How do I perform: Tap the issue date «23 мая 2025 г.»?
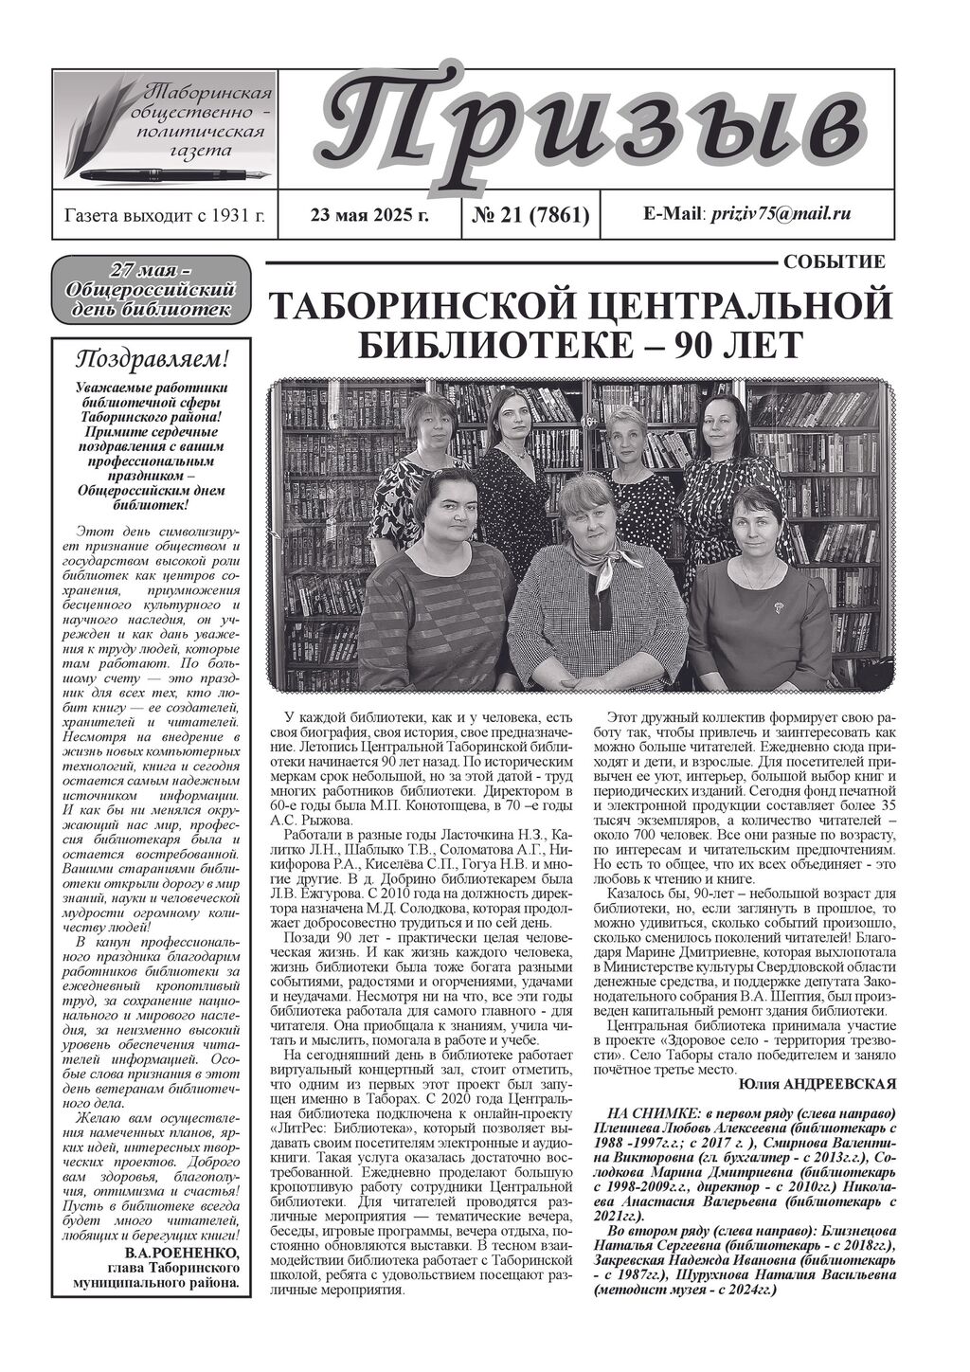(x=369, y=215)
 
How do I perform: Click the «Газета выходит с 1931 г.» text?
(x=164, y=215)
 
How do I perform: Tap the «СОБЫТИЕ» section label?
(x=835, y=262)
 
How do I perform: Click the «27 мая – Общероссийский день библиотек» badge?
(x=152, y=289)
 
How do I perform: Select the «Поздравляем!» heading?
(x=152, y=359)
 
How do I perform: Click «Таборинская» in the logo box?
(x=207, y=93)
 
